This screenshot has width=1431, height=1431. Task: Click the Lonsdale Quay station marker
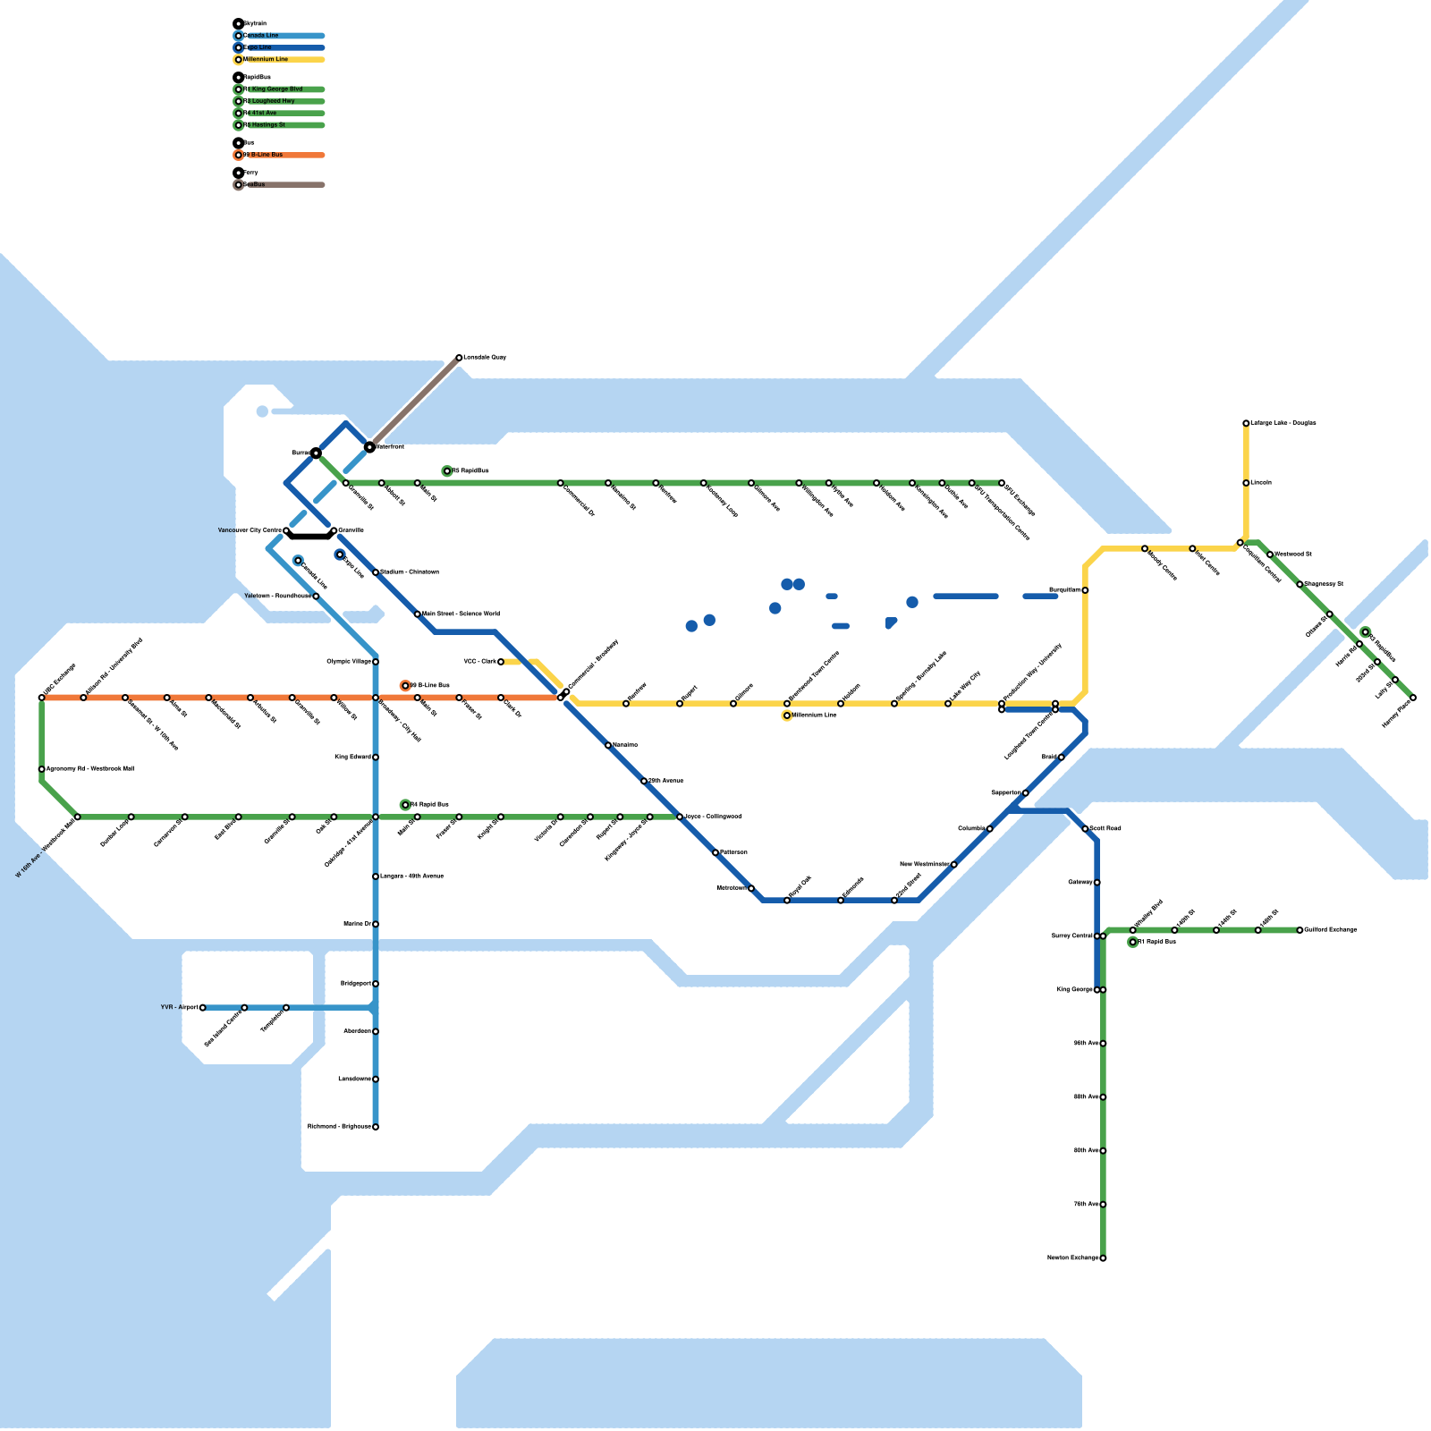click(459, 358)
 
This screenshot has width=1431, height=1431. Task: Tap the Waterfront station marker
click(369, 446)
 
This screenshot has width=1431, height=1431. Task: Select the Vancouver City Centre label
click(250, 531)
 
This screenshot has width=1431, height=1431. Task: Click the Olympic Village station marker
click(376, 662)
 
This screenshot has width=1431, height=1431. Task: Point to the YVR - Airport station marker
click(203, 1008)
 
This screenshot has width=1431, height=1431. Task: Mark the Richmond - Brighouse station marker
click(376, 1127)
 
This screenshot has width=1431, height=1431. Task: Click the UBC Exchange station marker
click(42, 698)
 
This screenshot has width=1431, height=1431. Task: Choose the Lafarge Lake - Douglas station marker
click(1246, 423)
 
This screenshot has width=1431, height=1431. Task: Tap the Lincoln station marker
click(1246, 483)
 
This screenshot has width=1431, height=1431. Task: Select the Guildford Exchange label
click(1331, 930)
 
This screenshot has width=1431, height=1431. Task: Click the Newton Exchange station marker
click(1103, 1258)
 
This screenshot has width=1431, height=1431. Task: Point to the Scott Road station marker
click(1085, 829)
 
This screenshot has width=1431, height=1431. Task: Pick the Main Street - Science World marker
click(418, 614)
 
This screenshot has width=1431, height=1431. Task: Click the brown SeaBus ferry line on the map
click(414, 402)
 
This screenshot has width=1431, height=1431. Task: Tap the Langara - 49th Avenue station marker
click(376, 876)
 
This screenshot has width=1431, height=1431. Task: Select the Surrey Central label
click(1071, 936)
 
